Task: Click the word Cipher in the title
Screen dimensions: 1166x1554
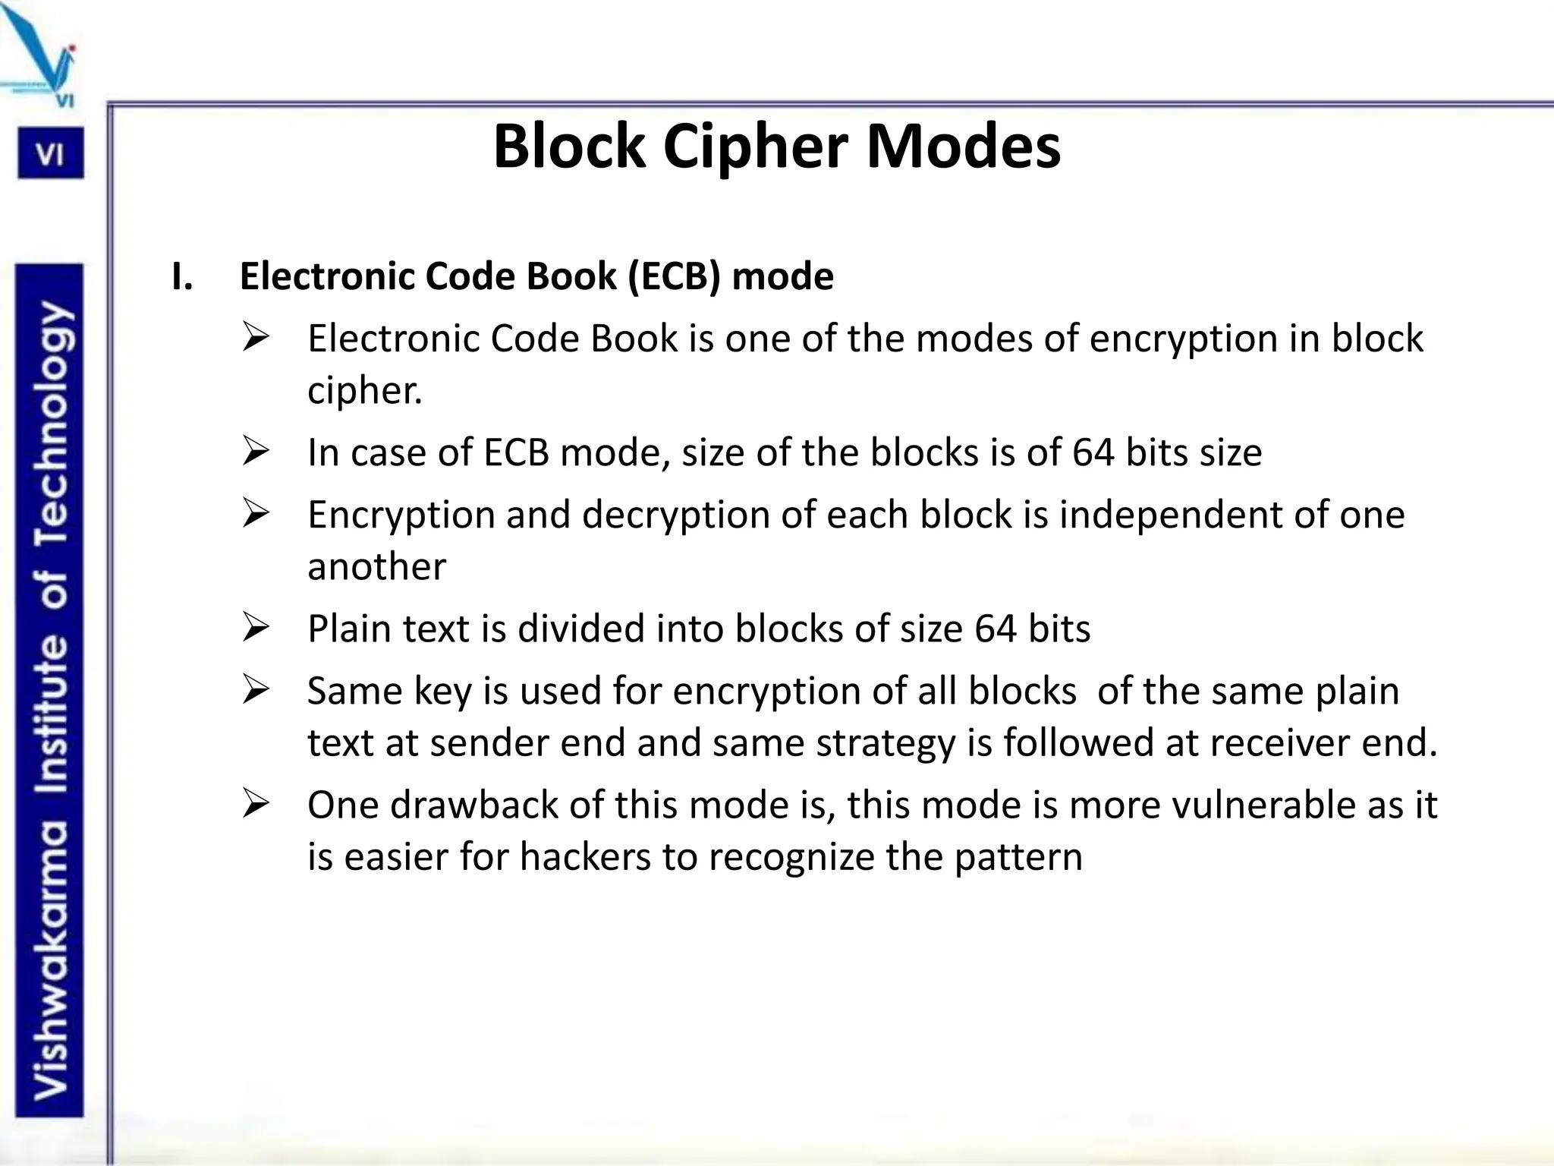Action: click(x=755, y=147)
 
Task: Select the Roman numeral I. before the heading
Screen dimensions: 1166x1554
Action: click(x=182, y=276)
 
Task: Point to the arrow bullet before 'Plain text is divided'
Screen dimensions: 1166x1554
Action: click(x=256, y=628)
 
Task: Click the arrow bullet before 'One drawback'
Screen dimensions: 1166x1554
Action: click(x=256, y=804)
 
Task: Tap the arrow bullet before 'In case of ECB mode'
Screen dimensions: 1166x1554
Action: click(x=256, y=452)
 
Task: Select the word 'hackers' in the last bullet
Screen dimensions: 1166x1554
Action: click(x=585, y=857)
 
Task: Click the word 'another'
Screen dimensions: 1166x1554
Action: click(x=376, y=567)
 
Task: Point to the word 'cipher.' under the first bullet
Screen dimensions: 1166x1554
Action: click(x=364, y=391)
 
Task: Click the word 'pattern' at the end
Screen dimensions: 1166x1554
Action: click(x=1018, y=857)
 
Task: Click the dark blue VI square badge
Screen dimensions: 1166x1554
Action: click(x=51, y=154)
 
